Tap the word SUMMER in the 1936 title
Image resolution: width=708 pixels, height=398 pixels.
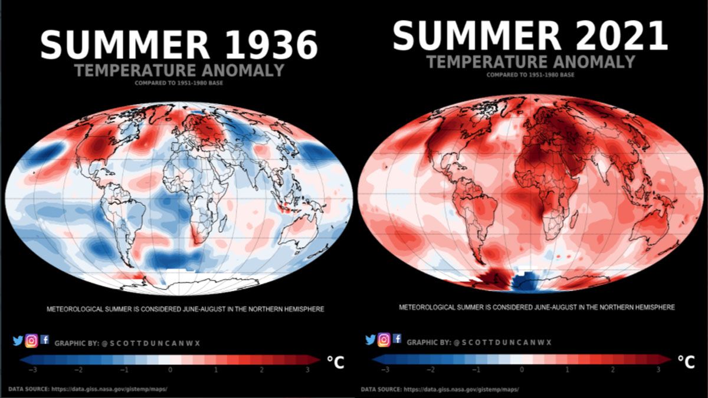(124, 45)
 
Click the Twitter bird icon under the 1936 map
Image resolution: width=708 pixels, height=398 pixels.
(18, 340)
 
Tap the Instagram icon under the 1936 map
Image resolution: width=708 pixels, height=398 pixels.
(31, 340)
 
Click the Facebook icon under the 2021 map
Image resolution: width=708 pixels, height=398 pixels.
(397, 338)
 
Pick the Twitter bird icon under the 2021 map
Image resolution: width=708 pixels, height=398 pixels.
(371, 340)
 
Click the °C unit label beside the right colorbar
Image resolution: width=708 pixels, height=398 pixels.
(686, 361)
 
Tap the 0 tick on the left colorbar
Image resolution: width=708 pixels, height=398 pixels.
(170, 370)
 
